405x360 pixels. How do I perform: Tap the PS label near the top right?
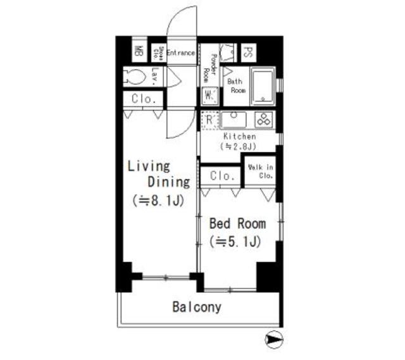point(249,53)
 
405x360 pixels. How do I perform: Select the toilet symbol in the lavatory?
point(135,77)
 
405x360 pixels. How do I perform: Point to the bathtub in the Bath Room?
point(262,87)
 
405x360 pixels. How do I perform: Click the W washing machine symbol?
point(209,97)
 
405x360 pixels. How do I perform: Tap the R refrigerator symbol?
point(209,119)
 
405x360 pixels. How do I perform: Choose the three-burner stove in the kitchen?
point(264,119)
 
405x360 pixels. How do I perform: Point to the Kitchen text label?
point(239,136)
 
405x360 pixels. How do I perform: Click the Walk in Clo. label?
point(260,171)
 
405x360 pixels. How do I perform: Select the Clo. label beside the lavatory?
point(144,99)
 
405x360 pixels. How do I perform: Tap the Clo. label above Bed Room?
point(222,175)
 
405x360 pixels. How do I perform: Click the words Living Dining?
point(158,175)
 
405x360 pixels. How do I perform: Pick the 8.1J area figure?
point(158,201)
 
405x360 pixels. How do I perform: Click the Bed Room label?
point(237,223)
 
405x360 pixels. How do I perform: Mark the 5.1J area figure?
point(235,241)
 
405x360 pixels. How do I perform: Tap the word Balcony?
point(197,307)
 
